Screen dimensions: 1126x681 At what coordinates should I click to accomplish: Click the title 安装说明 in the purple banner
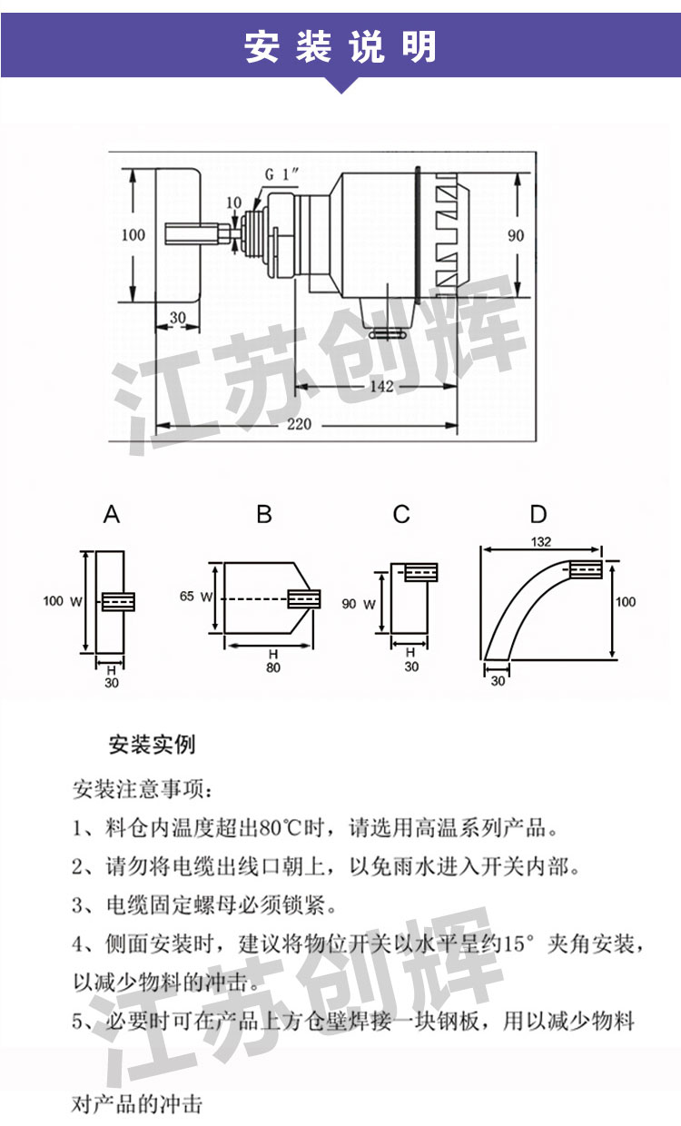point(340,47)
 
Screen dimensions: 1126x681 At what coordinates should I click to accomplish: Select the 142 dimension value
point(382,387)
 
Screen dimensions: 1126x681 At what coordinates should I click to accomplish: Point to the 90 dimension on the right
point(516,235)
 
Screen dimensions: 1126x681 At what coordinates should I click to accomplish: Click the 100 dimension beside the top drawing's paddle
point(133,235)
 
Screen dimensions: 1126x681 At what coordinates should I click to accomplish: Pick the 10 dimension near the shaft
point(233,202)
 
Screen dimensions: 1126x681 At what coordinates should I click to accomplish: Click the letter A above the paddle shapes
point(112,515)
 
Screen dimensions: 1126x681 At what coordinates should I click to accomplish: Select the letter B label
point(264,515)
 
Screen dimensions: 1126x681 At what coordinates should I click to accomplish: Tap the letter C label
point(401,515)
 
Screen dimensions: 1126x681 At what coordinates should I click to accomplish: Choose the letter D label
point(538,515)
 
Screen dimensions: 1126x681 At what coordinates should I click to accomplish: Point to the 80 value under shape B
point(273,667)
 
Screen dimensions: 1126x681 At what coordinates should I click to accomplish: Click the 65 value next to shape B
point(187,597)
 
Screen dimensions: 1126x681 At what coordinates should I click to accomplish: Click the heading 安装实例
point(152,746)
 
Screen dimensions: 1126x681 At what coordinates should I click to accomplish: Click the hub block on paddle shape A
point(119,601)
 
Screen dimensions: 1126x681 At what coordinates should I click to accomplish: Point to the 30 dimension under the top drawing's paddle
point(178,317)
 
